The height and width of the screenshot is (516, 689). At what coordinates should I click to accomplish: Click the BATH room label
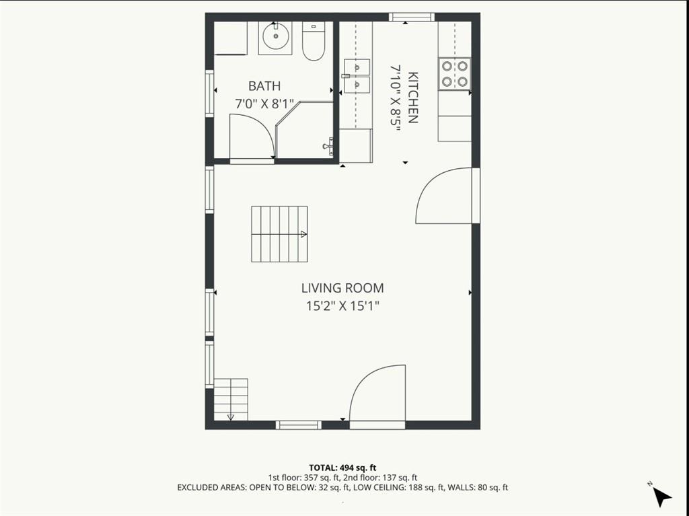264,85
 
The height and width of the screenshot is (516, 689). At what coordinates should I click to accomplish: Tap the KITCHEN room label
412,97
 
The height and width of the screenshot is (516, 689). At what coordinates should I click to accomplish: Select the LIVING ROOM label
342,288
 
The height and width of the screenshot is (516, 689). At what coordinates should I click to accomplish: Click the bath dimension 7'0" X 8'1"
264,104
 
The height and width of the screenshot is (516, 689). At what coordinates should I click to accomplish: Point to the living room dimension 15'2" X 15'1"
342,306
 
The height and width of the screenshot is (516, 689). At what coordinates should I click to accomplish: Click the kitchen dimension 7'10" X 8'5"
396,98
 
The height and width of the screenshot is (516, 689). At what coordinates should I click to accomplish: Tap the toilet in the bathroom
314,41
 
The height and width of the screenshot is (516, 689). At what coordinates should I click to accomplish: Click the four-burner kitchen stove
454,74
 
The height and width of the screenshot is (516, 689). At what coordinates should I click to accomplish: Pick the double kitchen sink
357,75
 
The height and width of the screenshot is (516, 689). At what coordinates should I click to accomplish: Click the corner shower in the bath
304,129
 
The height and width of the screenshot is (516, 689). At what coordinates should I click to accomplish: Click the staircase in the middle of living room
279,234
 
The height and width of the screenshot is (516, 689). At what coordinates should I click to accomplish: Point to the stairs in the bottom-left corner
231,400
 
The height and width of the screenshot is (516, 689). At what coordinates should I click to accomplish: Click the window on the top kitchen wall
412,17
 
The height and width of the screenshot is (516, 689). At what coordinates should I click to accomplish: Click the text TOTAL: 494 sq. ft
342,468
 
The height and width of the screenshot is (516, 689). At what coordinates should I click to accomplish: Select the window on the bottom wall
298,425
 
